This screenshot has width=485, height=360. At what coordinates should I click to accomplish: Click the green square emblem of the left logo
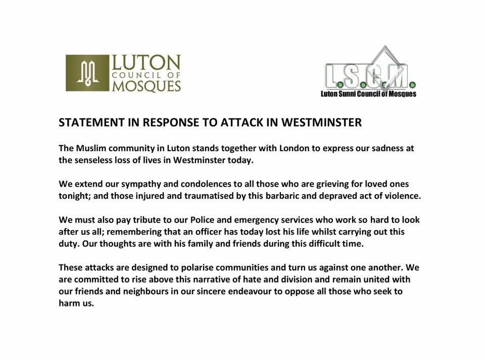click(87, 73)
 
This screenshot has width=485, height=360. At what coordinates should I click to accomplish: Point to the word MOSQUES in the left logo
click(146, 85)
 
